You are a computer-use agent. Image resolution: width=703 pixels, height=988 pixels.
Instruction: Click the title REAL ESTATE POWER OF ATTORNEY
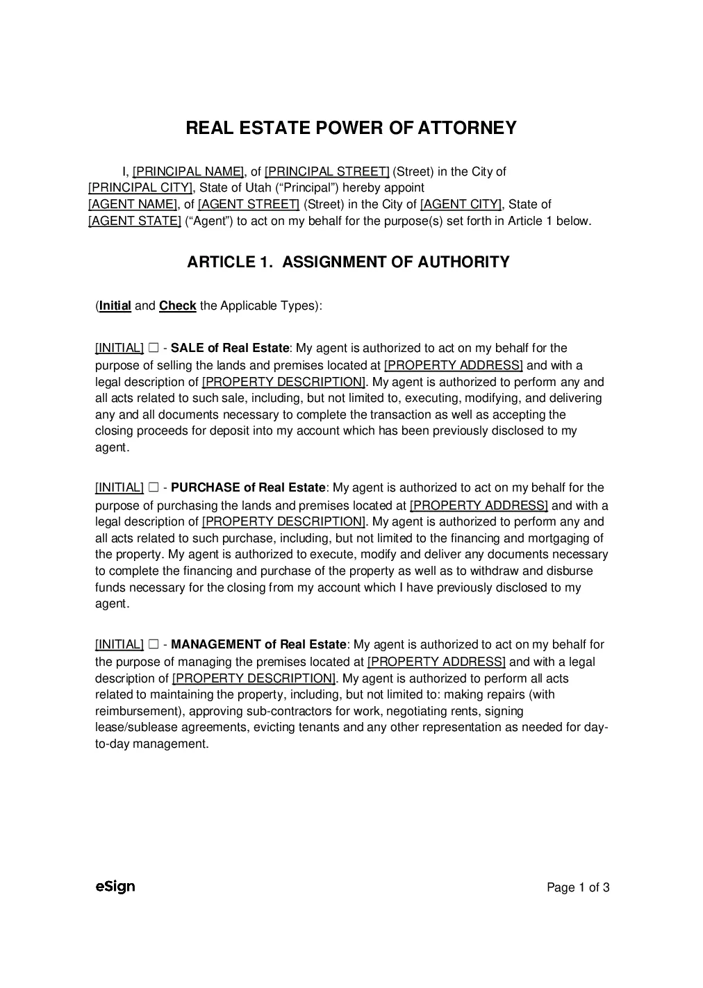pos(351,128)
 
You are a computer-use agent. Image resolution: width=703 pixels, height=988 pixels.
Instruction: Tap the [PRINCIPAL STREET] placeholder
pos(326,171)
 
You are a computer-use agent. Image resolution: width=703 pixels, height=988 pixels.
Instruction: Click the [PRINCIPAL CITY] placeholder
pos(140,187)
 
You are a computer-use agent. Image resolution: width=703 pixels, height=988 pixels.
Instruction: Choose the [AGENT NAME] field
pos(133,204)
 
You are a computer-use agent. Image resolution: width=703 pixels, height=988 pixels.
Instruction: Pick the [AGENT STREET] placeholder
pos(249,204)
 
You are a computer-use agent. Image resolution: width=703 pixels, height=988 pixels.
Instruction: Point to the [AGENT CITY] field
pos(461,204)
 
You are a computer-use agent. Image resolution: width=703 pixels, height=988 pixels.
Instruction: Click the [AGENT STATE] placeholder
pos(134,221)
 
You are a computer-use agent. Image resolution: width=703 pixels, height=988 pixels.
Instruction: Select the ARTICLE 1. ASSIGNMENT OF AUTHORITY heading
pos(348,262)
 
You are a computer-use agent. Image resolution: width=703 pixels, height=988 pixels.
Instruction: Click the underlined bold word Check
pos(178,305)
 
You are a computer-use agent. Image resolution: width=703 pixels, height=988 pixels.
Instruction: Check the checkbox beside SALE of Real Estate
pos(154,348)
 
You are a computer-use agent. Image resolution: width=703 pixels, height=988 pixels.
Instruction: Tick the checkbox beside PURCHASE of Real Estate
pos(154,488)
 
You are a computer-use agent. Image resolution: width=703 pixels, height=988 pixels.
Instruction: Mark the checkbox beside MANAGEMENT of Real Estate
pos(154,644)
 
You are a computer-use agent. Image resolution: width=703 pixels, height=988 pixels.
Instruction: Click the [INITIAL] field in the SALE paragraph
pos(119,348)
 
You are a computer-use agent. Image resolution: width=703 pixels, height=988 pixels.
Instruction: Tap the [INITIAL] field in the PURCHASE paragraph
pos(119,488)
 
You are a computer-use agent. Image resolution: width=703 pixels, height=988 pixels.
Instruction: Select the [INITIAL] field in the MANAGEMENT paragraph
pos(119,644)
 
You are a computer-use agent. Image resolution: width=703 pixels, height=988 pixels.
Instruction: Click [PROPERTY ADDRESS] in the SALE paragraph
pos(453,365)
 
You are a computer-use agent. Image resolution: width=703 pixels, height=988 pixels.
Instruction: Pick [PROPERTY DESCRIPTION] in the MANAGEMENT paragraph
pos(254,678)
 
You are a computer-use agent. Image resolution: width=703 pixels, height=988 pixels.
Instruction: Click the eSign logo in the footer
pos(115,887)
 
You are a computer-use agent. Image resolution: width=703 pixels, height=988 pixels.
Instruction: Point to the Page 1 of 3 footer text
pos(578,887)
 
